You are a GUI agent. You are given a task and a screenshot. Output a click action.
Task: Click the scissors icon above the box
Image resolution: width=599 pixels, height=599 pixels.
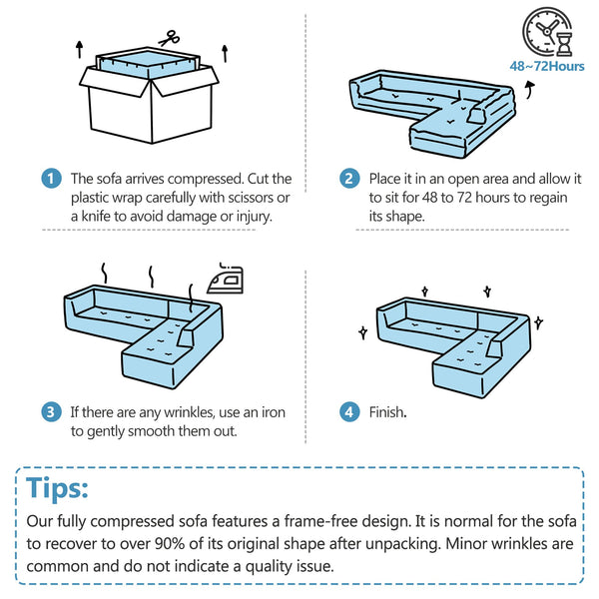click(x=169, y=38)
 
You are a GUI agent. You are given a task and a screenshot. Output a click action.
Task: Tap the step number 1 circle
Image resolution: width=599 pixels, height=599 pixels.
click(x=51, y=179)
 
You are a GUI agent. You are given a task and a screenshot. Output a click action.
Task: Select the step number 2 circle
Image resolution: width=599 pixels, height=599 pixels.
click(x=349, y=179)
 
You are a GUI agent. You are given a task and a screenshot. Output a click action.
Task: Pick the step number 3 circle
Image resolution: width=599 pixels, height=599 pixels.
click(x=51, y=412)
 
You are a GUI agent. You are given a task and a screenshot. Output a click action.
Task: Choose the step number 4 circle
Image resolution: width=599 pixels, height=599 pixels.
click(x=349, y=412)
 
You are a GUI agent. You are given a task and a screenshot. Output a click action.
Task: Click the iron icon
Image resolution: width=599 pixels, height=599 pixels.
click(x=226, y=279)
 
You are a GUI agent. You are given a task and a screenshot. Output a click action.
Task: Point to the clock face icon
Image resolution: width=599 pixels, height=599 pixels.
click(x=544, y=31)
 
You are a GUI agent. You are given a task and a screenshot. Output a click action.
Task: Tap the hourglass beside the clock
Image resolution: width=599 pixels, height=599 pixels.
click(x=564, y=44)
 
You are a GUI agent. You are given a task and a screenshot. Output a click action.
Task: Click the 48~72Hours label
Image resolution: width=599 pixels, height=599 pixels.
click(x=547, y=67)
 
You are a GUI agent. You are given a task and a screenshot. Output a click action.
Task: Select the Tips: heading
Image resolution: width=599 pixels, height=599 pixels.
click(x=57, y=488)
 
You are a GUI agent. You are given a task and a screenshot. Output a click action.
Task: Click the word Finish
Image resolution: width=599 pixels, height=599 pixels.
click(x=387, y=412)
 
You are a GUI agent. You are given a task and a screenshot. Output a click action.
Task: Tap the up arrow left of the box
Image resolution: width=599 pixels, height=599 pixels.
click(x=79, y=49)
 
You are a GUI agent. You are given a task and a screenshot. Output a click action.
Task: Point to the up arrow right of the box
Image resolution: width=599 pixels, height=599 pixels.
click(x=225, y=54)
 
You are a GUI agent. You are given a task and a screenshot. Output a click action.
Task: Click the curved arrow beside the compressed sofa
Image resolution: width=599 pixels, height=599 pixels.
click(x=530, y=90)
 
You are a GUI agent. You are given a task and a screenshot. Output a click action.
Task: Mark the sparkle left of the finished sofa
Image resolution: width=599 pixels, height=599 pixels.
click(x=363, y=332)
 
